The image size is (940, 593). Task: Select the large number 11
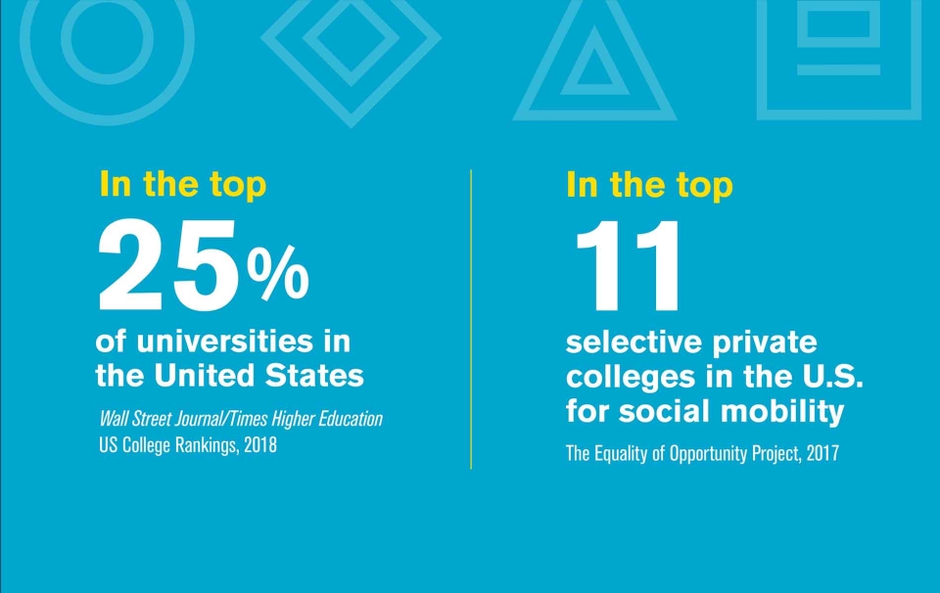(627, 265)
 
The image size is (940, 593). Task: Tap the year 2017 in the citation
(819, 454)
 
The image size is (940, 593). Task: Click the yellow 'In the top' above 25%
(182, 185)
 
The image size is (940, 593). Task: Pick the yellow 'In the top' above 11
(649, 185)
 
